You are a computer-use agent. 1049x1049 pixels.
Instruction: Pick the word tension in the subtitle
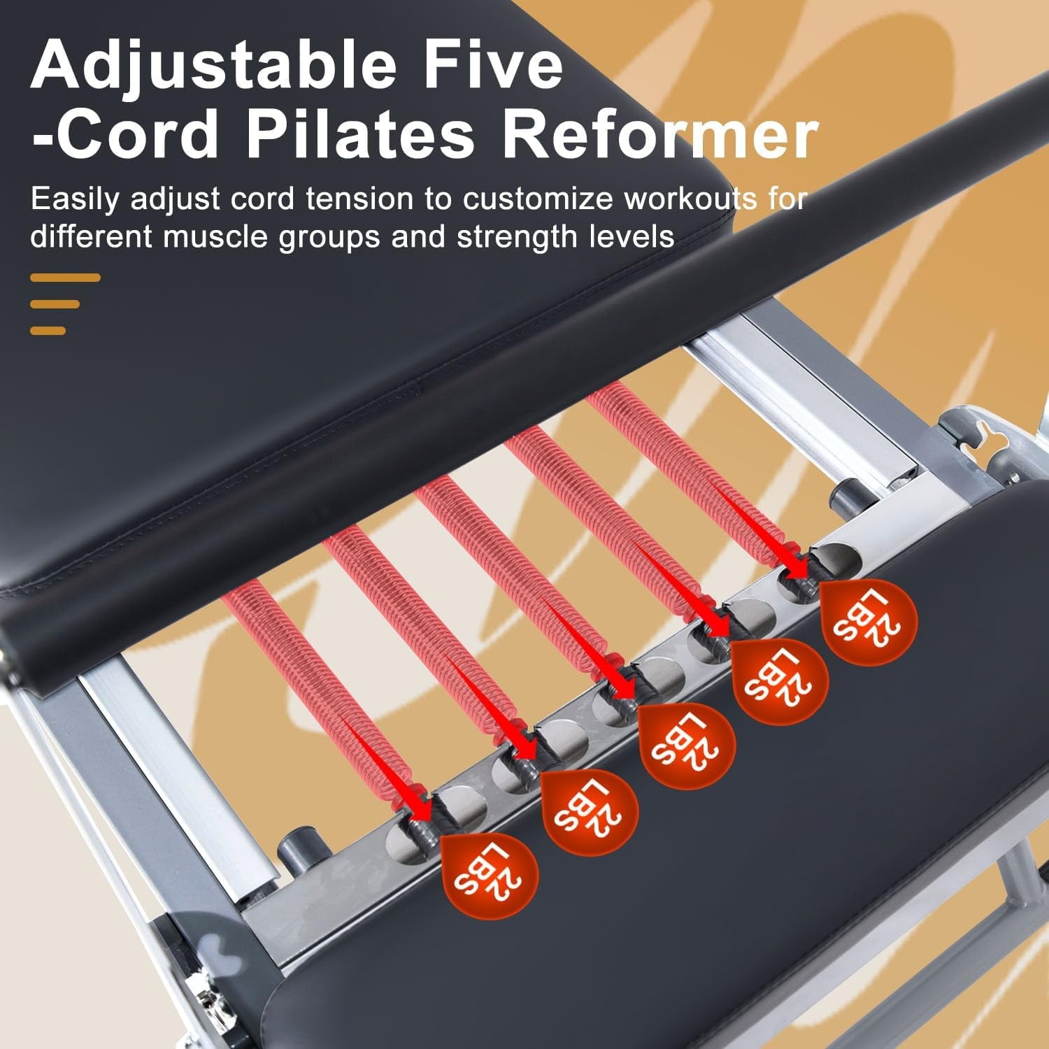click(x=359, y=200)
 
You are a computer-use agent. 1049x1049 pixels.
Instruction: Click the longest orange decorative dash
click(x=65, y=278)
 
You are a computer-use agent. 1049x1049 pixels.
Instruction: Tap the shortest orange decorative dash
click(x=48, y=330)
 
